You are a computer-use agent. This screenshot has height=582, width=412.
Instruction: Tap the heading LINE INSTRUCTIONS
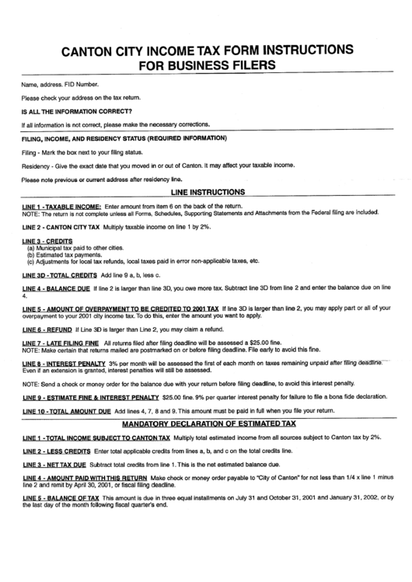(207, 191)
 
